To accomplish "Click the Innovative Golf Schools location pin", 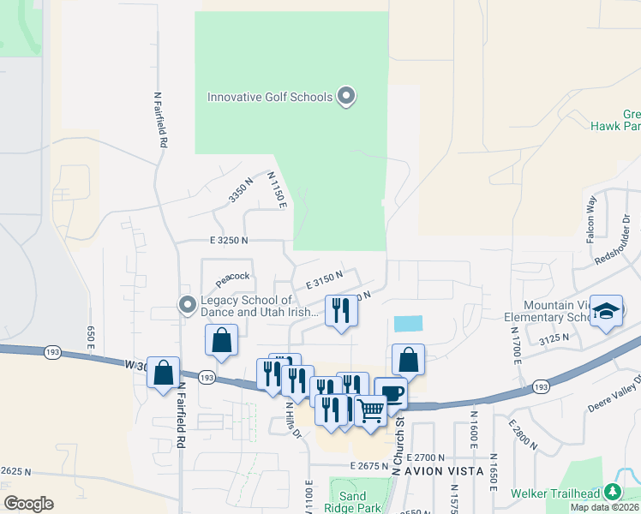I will click(346, 96).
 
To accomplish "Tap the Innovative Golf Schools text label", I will click(270, 97).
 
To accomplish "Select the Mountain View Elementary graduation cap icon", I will click(607, 313).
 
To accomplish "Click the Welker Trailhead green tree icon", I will click(612, 493).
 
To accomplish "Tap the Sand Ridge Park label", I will click(353, 502).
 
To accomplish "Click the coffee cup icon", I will click(391, 394).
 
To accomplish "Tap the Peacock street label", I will click(232, 278).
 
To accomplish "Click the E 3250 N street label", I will click(227, 241).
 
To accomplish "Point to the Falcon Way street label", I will click(590, 219).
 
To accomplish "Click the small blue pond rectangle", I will click(408, 324).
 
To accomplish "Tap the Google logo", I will click(28, 504).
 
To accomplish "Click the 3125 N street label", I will click(554, 340).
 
